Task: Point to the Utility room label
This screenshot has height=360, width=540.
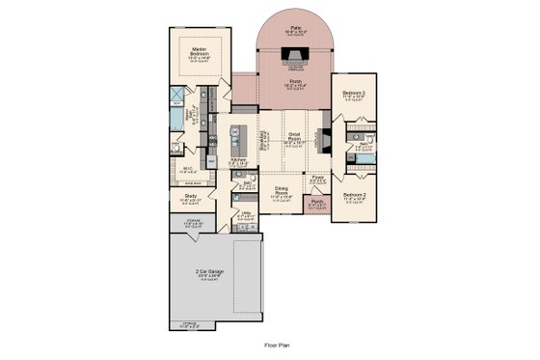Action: pyautogui.click(x=247, y=212)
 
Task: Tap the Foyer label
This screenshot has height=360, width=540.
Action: pyautogui.click(x=318, y=178)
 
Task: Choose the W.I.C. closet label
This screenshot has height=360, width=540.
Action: pyautogui.click(x=188, y=167)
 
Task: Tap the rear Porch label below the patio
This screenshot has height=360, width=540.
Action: pyautogui.click(x=296, y=83)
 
